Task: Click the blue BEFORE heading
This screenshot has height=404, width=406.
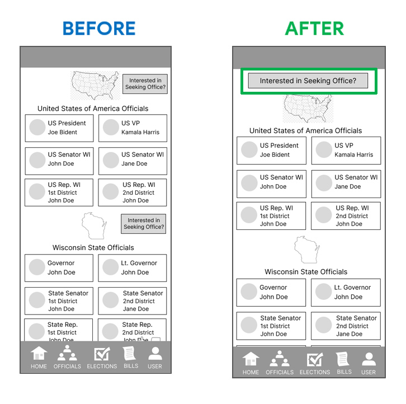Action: click(99, 28)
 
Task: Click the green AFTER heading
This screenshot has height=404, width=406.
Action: click(314, 28)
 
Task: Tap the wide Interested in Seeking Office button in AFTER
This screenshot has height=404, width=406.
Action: click(308, 81)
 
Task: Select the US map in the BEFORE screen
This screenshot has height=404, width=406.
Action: click(96, 85)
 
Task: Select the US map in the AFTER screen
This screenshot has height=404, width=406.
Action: click(308, 108)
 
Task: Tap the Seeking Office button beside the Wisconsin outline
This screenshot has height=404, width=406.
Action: click(144, 224)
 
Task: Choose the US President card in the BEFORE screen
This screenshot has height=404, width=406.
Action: click(59, 128)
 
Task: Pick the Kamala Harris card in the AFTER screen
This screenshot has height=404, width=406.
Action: click(346, 151)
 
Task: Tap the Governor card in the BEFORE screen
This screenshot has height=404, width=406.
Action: click(59, 268)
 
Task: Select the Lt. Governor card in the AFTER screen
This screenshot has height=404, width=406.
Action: click(346, 292)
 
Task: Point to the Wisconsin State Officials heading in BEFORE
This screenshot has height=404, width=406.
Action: click(93, 247)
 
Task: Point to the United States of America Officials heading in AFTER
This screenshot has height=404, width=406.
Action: click(306, 131)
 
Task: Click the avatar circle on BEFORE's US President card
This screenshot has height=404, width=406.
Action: click(37, 128)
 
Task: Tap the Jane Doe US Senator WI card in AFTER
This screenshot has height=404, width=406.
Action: click(346, 182)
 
